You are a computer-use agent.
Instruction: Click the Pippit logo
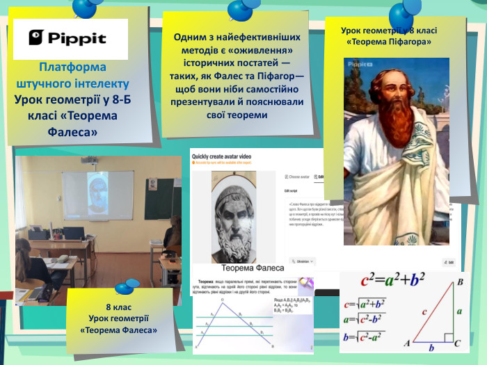click(70, 38)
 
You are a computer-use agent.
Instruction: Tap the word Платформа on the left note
click(72, 67)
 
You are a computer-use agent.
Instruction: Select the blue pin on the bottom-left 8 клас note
click(127, 286)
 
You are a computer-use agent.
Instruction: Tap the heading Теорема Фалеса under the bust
click(253, 268)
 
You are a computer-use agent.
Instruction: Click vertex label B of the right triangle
click(460, 282)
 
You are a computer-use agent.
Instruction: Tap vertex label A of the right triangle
click(407, 343)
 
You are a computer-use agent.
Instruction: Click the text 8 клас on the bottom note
click(118, 307)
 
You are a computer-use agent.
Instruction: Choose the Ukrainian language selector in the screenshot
click(302, 261)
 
